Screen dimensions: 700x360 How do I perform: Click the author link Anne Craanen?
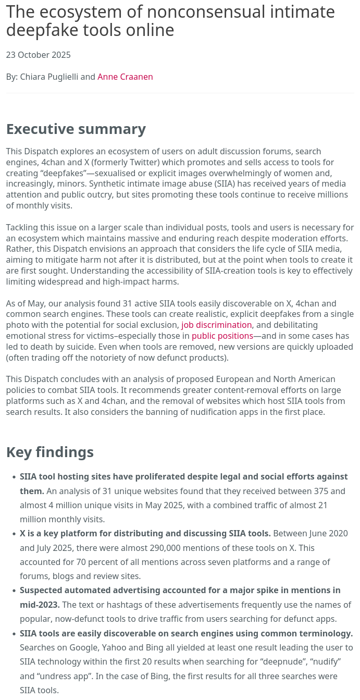[x=125, y=77]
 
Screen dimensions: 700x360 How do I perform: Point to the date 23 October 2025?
[x=38, y=55]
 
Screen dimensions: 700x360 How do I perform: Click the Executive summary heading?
[x=76, y=129]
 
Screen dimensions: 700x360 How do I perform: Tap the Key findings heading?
[x=50, y=452]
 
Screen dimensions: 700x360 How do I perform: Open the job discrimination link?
[x=216, y=325]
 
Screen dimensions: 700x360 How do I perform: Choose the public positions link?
[x=222, y=336]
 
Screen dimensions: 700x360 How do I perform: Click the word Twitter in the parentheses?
[x=135, y=163]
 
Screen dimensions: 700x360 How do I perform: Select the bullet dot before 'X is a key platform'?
[x=14, y=534]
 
